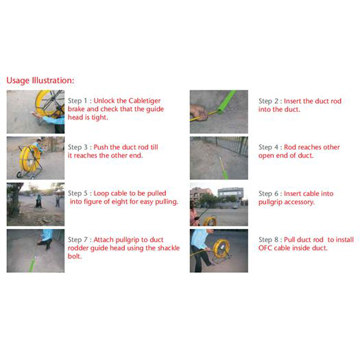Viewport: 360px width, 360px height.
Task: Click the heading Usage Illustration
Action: [x=40, y=81]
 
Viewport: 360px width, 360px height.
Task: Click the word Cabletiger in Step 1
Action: [x=145, y=101]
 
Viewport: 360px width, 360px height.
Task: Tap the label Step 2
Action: [x=268, y=101]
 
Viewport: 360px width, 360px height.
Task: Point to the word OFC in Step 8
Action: [x=265, y=248]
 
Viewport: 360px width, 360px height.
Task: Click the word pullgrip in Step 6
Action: [x=270, y=202]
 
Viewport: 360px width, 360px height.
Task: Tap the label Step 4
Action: [x=268, y=147]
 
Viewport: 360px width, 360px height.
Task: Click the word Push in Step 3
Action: [x=101, y=147]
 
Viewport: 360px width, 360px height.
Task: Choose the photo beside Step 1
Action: [x=36, y=112]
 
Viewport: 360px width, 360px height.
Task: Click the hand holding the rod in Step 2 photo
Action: [x=200, y=112]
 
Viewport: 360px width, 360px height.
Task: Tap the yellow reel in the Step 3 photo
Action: [x=30, y=158]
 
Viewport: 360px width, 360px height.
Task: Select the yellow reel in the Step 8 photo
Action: [x=221, y=248]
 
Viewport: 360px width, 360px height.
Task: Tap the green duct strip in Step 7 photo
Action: [x=33, y=262]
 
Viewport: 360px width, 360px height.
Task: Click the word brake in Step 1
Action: [x=76, y=109]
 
